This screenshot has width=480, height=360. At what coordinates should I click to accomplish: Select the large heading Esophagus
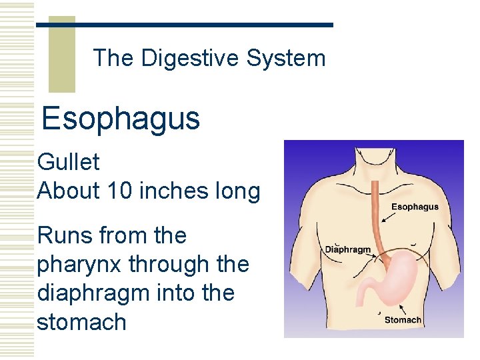pos(121,119)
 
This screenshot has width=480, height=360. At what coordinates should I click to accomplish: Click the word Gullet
pos(69,161)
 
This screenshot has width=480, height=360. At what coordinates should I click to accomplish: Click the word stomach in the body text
pos(81,322)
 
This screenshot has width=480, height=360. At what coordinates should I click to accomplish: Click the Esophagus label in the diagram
pos(415,207)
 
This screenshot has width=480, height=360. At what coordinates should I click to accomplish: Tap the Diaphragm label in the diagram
pos(347,249)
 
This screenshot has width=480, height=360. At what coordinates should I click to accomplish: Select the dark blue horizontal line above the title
pos(184,25)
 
